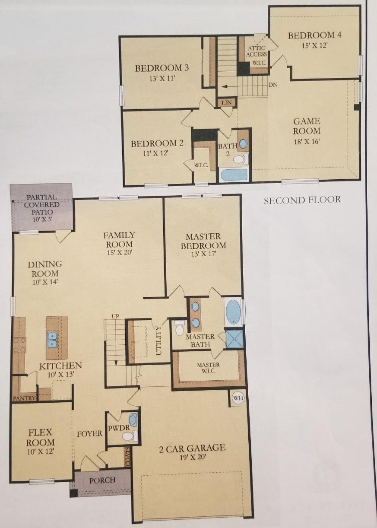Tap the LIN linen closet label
(226, 102)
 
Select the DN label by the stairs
(273, 85)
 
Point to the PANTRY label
(25, 398)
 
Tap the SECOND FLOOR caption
(302, 200)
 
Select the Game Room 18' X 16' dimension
(306, 142)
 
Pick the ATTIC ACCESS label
(257, 51)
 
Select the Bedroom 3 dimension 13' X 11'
(162, 78)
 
